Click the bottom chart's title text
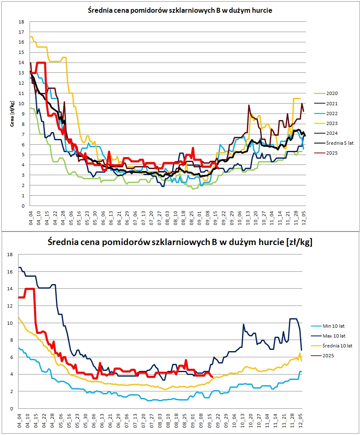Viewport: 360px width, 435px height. pyautogui.click(x=180, y=242)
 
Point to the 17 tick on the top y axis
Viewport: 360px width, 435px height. pyautogui.click(x=21, y=32)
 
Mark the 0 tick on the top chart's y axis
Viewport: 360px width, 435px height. pyautogui.click(x=23, y=206)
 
